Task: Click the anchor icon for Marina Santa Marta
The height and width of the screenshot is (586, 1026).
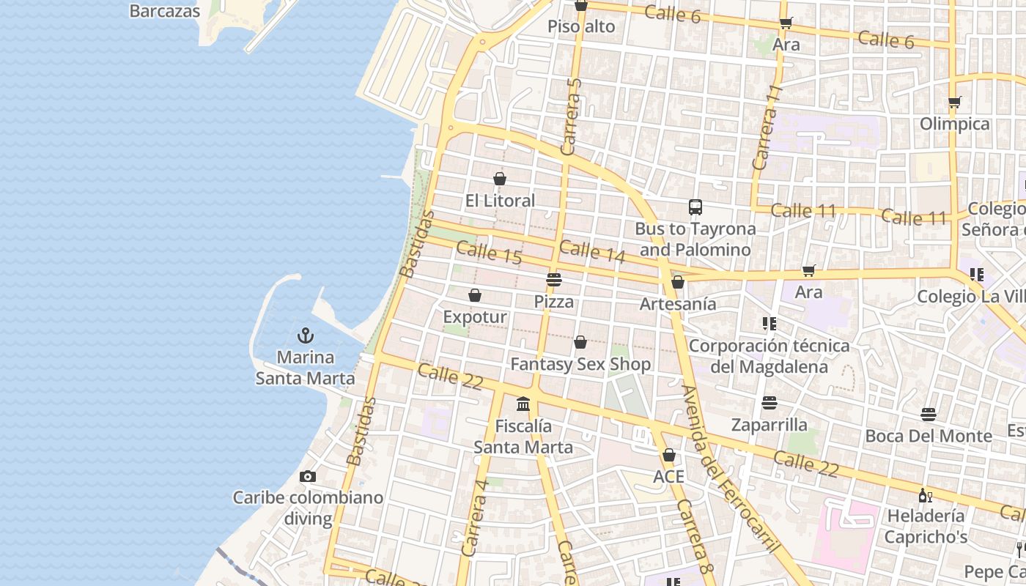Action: tap(306, 336)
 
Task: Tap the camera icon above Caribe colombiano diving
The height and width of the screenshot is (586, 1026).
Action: tap(308, 477)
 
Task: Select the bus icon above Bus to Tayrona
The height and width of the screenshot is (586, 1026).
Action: tap(695, 207)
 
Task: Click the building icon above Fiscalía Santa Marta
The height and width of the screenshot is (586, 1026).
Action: tap(523, 404)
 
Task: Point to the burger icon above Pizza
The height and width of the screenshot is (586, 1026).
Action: tap(554, 280)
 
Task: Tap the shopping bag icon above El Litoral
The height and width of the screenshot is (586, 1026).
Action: tap(500, 179)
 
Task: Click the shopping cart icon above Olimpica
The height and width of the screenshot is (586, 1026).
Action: tap(954, 102)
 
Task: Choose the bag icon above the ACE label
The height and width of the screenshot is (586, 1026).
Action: tap(668, 455)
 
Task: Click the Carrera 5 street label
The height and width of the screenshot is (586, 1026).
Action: tap(571, 117)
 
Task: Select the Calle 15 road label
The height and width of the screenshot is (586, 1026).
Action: tap(489, 253)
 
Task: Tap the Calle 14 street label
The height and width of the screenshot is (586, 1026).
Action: tap(592, 251)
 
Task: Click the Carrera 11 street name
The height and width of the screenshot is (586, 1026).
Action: tap(767, 128)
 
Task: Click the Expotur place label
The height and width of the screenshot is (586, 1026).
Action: tap(475, 317)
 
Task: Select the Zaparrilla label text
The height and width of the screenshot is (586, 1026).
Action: tap(769, 425)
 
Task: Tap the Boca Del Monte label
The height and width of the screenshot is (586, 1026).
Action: tap(929, 436)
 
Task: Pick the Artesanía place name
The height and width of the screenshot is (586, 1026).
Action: tap(678, 303)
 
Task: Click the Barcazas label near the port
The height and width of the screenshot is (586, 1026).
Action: tap(165, 11)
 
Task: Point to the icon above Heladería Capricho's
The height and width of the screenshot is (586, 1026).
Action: tap(925, 496)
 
